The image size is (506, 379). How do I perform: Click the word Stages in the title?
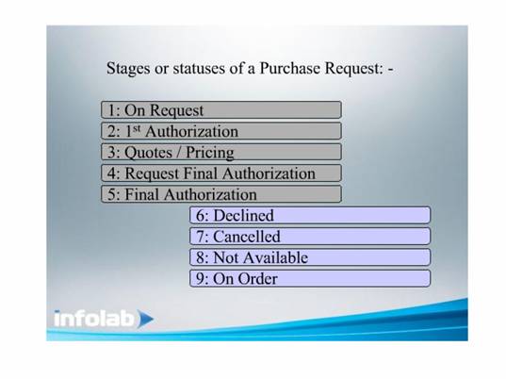pyautogui.click(x=128, y=69)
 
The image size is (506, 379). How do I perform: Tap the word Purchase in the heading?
pyautogui.click(x=290, y=68)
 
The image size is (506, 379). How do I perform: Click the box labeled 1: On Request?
pyautogui.click(x=221, y=109)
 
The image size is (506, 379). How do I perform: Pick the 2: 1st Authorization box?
pyautogui.click(x=221, y=131)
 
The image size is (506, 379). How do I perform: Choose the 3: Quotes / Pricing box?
pyautogui.click(x=221, y=152)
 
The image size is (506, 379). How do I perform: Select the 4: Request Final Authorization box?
pyautogui.click(x=221, y=173)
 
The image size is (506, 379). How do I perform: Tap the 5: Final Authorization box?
pyautogui.click(x=221, y=194)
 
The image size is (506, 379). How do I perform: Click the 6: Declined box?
pyautogui.click(x=310, y=215)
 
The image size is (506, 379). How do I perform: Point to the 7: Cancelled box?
pyautogui.click(x=310, y=236)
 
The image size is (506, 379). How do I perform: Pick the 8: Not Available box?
pyautogui.click(x=310, y=257)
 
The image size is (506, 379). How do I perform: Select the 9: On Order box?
pyautogui.click(x=310, y=278)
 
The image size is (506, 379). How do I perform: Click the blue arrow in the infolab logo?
pyautogui.click(x=145, y=319)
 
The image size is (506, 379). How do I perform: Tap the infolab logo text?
pyautogui.click(x=93, y=319)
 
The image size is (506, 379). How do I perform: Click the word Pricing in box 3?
pyautogui.click(x=210, y=153)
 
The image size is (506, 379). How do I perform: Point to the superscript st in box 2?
pyautogui.click(x=137, y=128)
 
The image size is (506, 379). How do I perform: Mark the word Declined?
pyautogui.click(x=244, y=215)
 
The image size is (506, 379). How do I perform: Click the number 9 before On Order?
pyautogui.click(x=200, y=279)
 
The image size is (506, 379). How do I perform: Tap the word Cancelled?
pyautogui.click(x=247, y=237)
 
